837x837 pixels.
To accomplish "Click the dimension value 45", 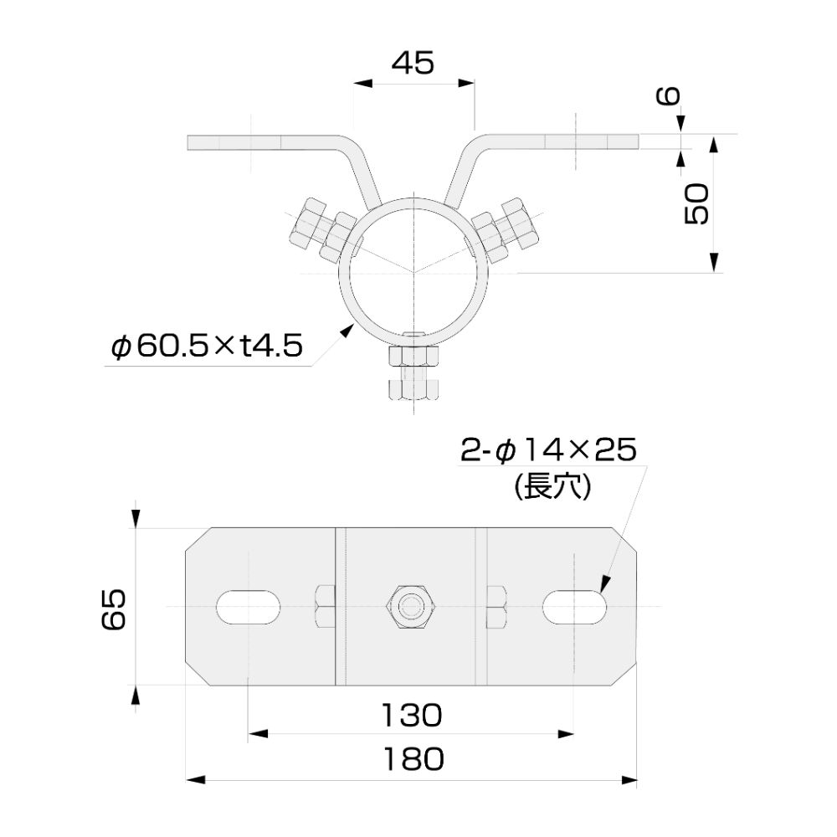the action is point(413,63).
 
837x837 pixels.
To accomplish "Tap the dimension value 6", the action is point(668,96).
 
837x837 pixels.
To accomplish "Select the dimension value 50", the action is point(697,203).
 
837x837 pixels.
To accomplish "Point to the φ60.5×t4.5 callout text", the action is point(207,346).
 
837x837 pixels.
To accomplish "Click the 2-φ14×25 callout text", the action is point(549,449).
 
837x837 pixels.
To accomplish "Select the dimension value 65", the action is point(114,609).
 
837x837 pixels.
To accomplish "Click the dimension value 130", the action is point(412,716).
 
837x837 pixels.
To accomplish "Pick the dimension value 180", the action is point(413,759).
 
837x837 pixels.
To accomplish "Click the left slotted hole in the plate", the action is point(249,607).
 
